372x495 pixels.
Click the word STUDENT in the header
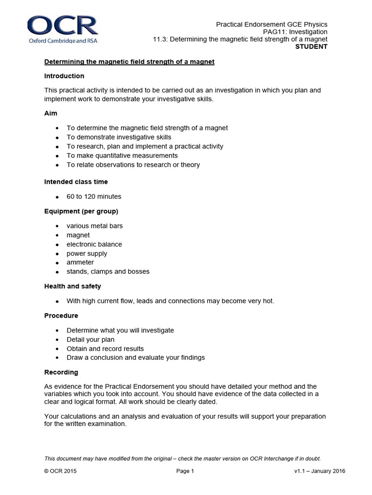coord(311,46)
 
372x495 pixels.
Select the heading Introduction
coord(64,76)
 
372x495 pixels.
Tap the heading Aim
coord(51,113)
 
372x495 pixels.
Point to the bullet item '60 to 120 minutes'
coord(94,196)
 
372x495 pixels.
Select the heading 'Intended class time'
coord(76,182)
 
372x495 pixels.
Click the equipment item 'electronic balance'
coord(94,244)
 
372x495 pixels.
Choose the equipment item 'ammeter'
coord(80,262)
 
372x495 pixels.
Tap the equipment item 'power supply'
coord(87,253)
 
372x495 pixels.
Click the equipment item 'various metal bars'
coord(95,226)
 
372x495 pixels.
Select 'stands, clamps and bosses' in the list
coord(108,271)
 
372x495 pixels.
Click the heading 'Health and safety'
coord(73,286)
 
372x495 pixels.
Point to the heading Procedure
coord(61,316)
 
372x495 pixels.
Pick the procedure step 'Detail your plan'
coord(91,339)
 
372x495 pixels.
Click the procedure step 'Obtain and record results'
coord(105,349)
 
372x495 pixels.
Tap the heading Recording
coord(61,372)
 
